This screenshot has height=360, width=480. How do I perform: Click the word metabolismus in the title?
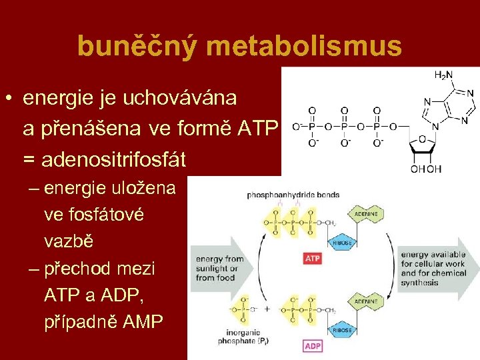tap(305, 46)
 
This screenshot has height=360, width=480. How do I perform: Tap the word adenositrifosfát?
tap(114, 160)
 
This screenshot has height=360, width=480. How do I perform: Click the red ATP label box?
tap(312, 257)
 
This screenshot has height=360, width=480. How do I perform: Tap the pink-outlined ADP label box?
tap(312, 346)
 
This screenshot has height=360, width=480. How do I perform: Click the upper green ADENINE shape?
tap(365, 213)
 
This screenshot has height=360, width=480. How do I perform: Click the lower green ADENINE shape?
tap(365, 301)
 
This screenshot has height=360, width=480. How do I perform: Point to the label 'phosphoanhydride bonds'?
tap(293, 195)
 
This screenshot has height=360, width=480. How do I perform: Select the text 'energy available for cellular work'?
tap(433, 263)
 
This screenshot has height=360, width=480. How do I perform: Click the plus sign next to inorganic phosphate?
tap(267, 310)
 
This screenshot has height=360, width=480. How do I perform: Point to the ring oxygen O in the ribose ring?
tap(422, 139)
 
